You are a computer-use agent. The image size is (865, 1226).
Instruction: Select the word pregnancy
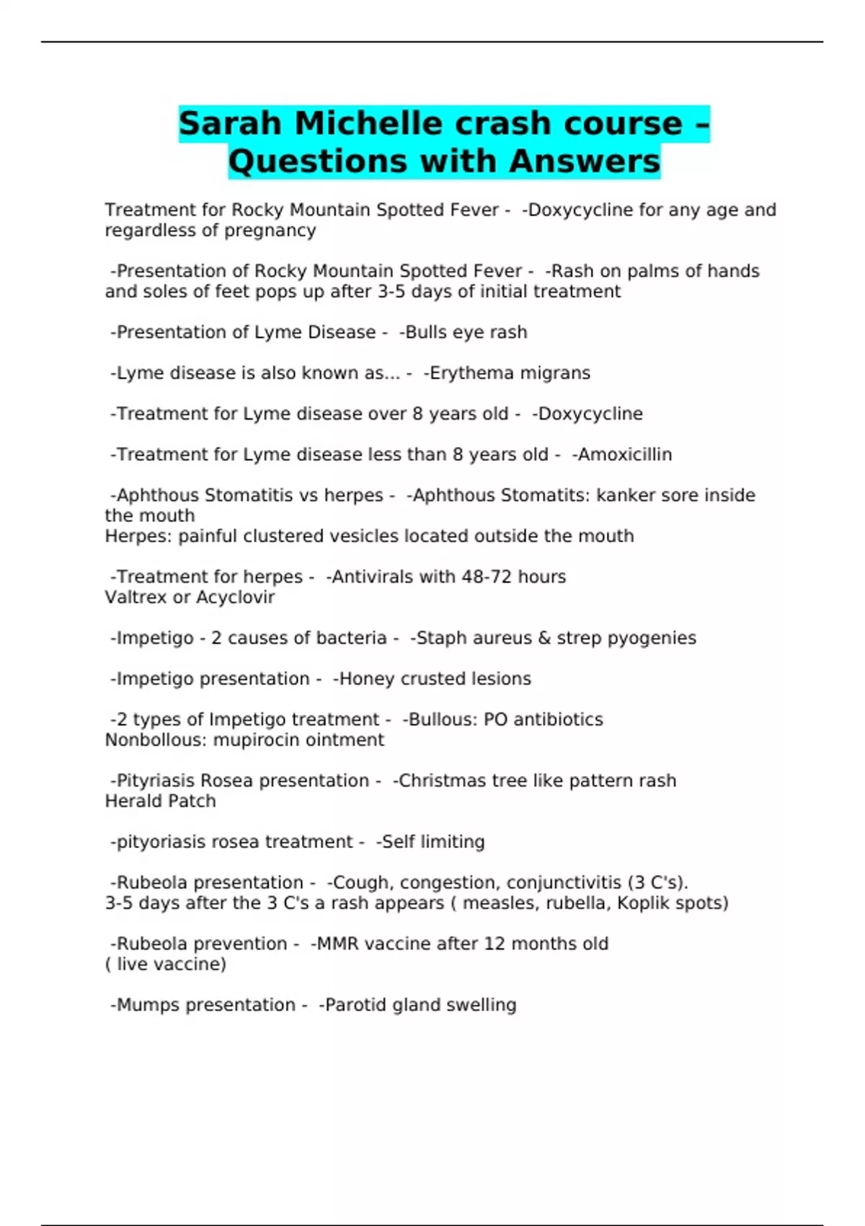point(283,231)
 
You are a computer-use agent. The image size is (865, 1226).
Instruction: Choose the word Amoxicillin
point(624,454)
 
